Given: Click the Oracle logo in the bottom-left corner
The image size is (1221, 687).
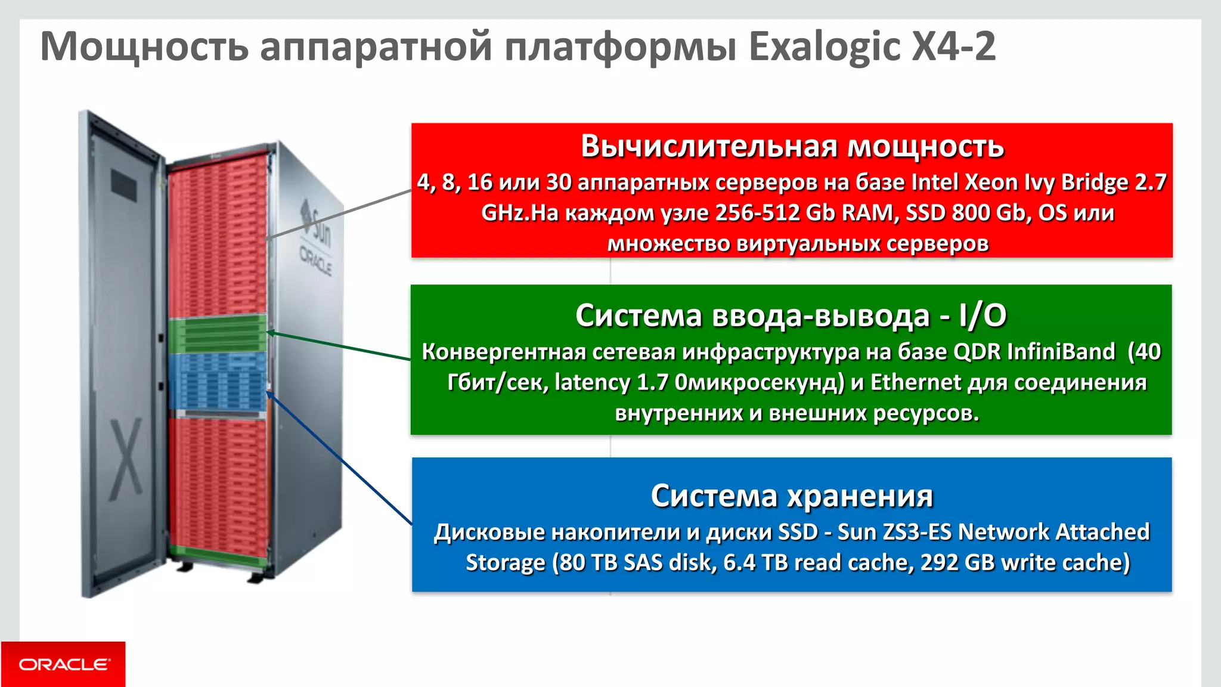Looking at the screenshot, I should [x=63, y=664].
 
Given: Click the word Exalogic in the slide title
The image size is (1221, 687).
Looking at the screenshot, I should [x=824, y=47].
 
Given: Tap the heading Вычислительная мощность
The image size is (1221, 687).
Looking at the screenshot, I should [x=792, y=146].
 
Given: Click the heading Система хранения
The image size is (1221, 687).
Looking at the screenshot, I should [x=792, y=496].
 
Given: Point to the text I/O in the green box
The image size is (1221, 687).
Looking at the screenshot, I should [x=983, y=315].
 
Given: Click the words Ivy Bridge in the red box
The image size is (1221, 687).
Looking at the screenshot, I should [x=1077, y=182].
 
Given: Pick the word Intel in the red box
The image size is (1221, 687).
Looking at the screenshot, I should [x=935, y=182].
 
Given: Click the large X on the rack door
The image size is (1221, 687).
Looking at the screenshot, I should [x=126, y=459].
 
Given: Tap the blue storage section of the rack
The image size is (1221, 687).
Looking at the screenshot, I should [x=218, y=382].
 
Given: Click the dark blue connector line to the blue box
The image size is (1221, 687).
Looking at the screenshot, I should [x=340, y=459].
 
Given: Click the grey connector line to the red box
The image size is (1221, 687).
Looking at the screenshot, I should [x=340, y=214].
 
